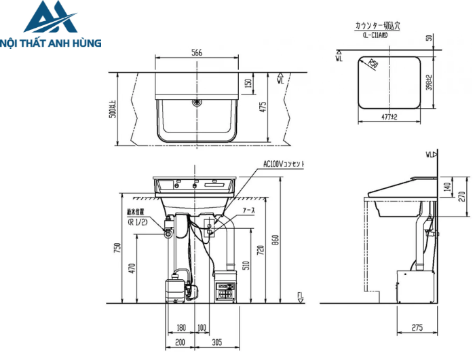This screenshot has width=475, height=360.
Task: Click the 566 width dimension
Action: [x=196, y=53]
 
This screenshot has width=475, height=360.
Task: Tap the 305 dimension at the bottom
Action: [x=216, y=342]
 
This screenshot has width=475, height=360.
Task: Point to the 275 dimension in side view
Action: [x=417, y=328]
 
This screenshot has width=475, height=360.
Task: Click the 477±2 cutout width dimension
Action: [x=389, y=117]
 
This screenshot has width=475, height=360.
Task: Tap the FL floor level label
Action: [x=300, y=295]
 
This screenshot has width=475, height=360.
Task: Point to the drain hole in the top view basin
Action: [x=196, y=103]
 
